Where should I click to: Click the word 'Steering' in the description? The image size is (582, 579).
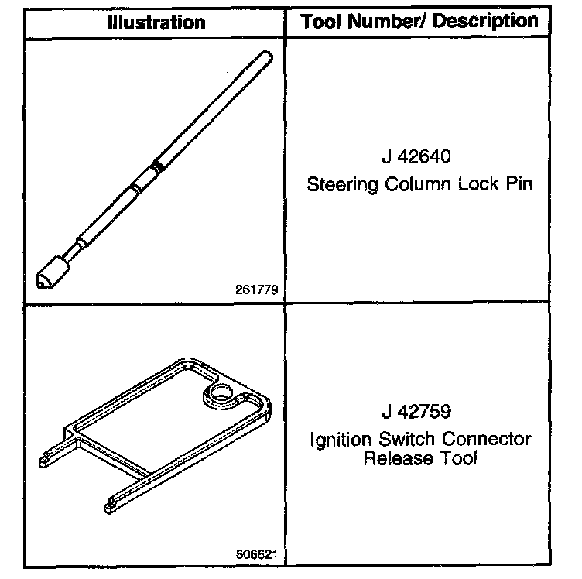click(x=337, y=186)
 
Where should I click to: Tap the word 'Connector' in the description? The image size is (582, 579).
click(x=488, y=440)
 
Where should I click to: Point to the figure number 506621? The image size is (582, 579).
click(x=258, y=554)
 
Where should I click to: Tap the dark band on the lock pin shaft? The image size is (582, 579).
click(x=157, y=164)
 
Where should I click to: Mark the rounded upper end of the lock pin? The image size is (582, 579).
click(x=266, y=56)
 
